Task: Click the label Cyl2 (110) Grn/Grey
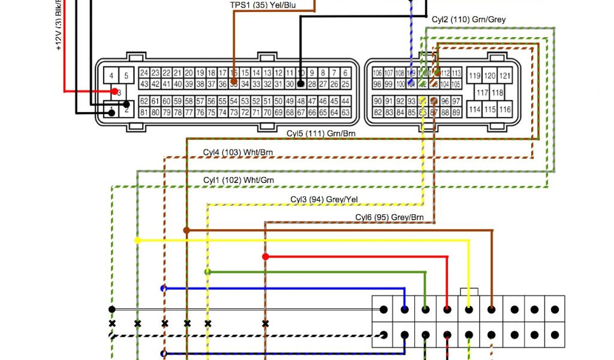[468, 20]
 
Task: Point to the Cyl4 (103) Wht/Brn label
[237, 152]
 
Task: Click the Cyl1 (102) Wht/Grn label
[239, 180]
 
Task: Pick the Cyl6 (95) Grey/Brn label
[389, 217]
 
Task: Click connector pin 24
[144, 73]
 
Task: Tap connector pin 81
[144, 112]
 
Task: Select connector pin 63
[346, 112]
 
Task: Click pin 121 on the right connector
[505, 76]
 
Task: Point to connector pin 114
[475, 110]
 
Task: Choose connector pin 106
[377, 73]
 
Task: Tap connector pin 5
[127, 76]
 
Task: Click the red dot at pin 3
[114, 92]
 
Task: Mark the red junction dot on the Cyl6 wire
[265, 257]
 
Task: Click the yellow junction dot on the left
[137, 240]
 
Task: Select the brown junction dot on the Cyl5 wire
[186, 230]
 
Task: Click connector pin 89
[456, 112]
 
